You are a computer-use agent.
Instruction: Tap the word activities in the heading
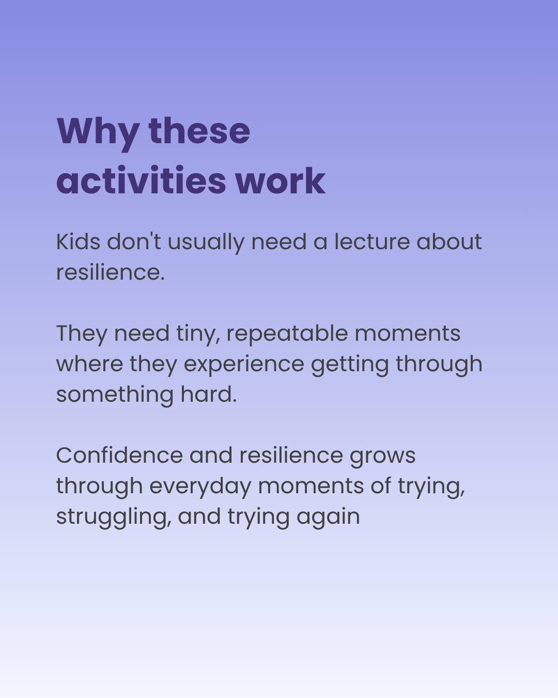[141, 180]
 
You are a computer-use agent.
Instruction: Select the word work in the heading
[280, 181]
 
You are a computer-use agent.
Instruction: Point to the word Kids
[78, 241]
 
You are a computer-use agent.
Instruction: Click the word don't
[134, 241]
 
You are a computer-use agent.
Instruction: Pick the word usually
[206, 244]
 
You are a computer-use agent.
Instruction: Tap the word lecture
[372, 241]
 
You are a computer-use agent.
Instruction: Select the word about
[450, 241]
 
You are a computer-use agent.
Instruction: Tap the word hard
[209, 394]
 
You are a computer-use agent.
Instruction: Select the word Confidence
[120, 455]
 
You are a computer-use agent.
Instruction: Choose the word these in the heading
[199, 131]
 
